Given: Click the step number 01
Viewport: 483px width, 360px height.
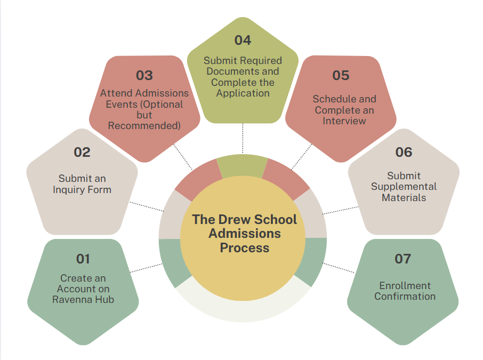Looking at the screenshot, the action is (83, 259).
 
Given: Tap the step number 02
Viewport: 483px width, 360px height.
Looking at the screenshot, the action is (82, 152).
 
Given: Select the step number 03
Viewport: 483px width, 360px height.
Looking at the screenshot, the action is (144, 76).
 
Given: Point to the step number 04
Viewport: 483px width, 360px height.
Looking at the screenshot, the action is (243, 41).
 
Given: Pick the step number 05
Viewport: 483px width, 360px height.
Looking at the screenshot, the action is (341, 76).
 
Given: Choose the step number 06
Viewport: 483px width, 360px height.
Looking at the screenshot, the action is (404, 152).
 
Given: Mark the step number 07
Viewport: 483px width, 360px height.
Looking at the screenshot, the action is (403, 259).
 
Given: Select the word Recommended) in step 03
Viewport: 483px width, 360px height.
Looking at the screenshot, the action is (144, 126).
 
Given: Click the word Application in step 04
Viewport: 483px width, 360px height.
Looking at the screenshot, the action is (243, 93).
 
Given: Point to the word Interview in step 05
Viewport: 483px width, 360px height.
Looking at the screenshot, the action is (344, 121).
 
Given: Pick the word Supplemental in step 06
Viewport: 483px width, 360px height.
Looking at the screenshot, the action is (404, 187).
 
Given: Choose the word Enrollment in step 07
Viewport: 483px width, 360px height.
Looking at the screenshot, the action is (405, 286).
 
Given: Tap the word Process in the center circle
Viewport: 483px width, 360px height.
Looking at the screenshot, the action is (245, 248).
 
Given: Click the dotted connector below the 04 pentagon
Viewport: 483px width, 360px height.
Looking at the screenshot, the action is (243, 138).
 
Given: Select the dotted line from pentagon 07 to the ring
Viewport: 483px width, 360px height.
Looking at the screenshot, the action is (338, 268).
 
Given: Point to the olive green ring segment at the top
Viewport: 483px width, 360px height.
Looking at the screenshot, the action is (243, 166).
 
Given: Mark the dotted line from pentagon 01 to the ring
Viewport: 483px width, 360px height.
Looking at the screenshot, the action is (146, 268).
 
